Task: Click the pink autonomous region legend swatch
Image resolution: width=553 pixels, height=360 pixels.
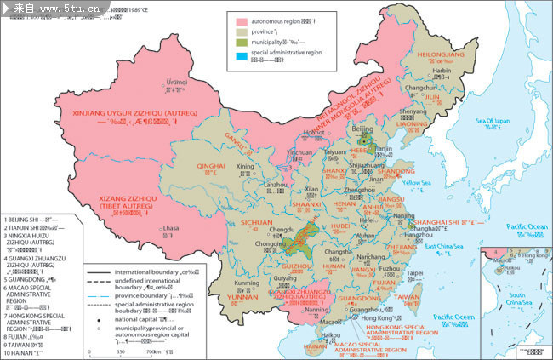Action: [x=242, y=18]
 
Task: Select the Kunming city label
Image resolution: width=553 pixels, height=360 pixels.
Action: [x=246, y=283]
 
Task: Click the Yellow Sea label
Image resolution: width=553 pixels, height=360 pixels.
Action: [x=417, y=183]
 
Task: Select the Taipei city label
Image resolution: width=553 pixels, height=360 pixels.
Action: [x=414, y=274]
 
